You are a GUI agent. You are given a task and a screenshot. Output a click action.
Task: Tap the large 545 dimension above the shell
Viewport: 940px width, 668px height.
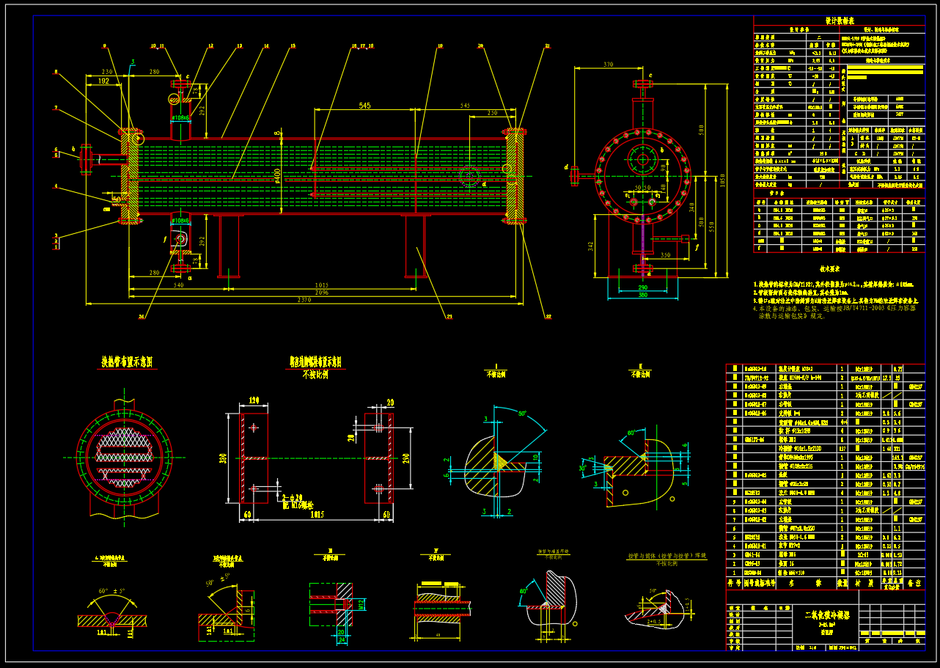pos(364,106)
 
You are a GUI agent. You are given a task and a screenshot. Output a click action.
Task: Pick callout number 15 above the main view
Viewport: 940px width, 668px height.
pos(293,46)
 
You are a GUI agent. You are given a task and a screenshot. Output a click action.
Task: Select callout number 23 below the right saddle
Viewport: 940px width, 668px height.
pos(448,317)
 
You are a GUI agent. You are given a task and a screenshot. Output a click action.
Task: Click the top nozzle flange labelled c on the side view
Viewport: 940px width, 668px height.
pos(643,84)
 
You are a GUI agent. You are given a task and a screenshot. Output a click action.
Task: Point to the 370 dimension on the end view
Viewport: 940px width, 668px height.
pos(607,65)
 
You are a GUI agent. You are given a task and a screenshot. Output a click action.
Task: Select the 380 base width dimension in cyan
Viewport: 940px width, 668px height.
pos(642,296)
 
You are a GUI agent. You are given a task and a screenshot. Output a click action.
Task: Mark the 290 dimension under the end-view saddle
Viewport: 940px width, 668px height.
pos(642,289)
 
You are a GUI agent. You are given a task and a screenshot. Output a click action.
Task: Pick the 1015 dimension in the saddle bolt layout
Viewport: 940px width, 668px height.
pos(317,515)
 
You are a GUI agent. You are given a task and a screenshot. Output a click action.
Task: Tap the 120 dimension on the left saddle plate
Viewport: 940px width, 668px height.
pos(254,401)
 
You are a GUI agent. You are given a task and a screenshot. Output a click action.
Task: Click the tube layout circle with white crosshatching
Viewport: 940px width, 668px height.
pos(125,456)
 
